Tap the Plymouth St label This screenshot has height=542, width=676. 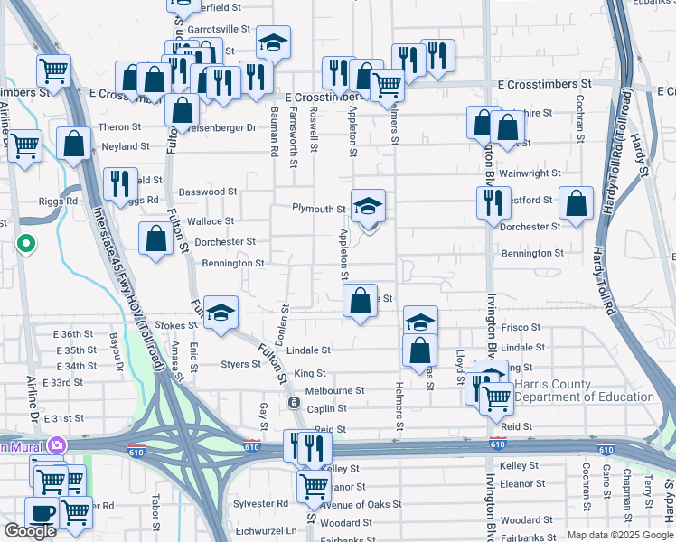319,209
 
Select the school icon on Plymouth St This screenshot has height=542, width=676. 368,206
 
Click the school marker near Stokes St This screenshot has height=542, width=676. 221,313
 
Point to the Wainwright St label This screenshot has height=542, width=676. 530,173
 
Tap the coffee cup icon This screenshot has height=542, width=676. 42,512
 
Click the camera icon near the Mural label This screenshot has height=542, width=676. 58,445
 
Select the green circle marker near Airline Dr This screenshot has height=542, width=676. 27,242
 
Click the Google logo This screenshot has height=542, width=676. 30,531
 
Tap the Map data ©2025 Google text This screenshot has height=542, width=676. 619,535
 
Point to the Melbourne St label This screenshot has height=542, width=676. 334,391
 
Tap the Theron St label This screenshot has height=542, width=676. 120,127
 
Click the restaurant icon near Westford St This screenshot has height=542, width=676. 493,203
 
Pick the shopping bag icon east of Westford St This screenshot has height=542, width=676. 576,203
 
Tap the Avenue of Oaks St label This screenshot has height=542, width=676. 360,504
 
